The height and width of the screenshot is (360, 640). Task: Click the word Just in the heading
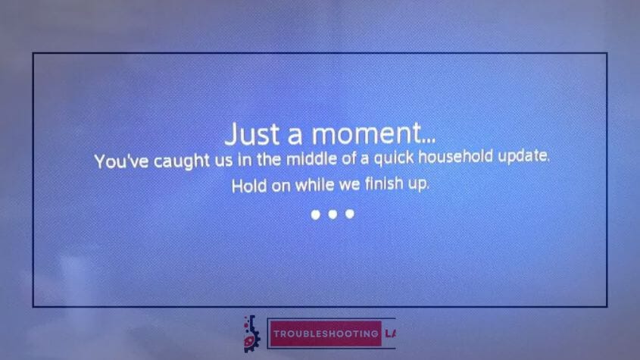click(x=252, y=134)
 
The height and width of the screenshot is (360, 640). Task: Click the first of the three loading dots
click(x=316, y=214)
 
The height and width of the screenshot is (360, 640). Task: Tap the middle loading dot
click(x=332, y=214)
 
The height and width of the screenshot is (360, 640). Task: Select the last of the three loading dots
click(x=350, y=214)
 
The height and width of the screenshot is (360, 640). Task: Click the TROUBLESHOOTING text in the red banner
click(x=326, y=333)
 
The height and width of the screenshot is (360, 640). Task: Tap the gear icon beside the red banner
click(x=251, y=333)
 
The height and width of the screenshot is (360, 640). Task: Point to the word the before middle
click(x=269, y=159)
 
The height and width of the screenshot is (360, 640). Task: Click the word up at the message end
click(x=418, y=184)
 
